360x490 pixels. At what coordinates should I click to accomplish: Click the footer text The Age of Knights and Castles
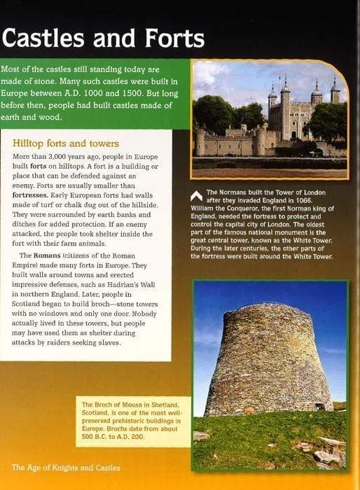coord(66,467)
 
